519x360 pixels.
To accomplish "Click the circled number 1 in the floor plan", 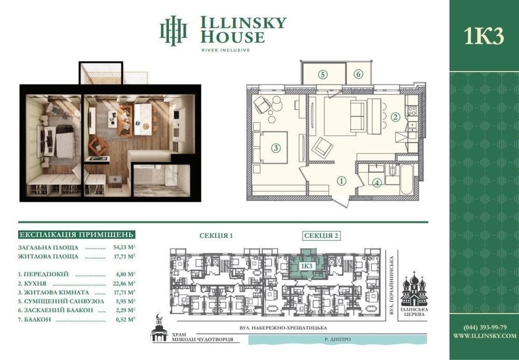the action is click(x=342, y=181).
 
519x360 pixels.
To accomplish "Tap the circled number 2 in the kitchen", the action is click(x=394, y=117).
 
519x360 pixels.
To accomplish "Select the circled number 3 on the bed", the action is click(x=276, y=148).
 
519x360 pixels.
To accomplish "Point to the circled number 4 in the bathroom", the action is click(x=377, y=183).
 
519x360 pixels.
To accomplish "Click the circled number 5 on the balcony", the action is click(x=323, y=74).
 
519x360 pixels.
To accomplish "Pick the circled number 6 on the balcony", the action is click(x=358, y=74).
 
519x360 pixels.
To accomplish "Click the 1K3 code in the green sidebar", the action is click(x=484, y=36).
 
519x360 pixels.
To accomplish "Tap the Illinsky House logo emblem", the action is click(x=173, y=31).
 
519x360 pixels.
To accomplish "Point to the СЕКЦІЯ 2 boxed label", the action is click(x=321, y=236).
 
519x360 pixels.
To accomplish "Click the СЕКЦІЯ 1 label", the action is click(x=216, y=236).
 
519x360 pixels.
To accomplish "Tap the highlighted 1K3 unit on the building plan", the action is click(x=307, y=265).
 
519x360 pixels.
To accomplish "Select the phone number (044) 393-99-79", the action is click(x=485, y=328).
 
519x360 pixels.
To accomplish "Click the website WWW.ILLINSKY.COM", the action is click(x=485, y=336).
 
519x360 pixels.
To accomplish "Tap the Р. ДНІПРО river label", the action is click(x=337, y=339).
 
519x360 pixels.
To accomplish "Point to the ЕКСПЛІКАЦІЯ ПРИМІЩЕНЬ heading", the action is click(x=77, y=235).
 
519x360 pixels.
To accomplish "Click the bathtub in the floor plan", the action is click(x=406, y=179).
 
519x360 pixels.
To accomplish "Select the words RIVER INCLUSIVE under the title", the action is click(x=226, y=50).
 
